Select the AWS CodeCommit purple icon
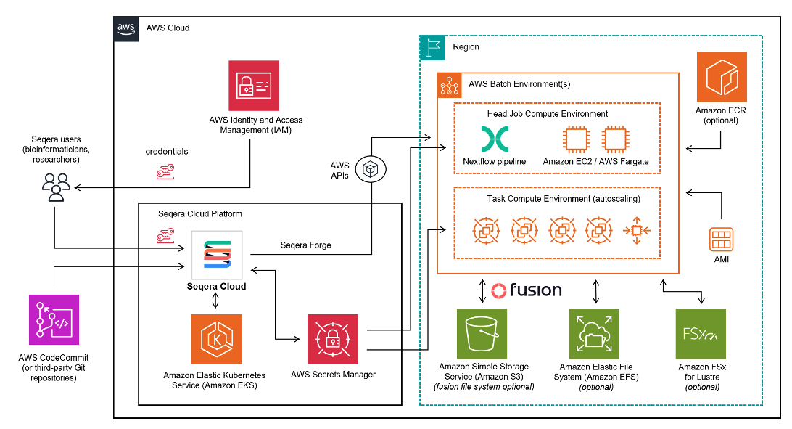coord(54,319)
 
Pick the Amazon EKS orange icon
coord(217,339)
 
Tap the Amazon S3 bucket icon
coord(482,333)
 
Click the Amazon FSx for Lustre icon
coord(701,333)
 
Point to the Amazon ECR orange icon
coord(721,76)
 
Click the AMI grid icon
coord(721,240)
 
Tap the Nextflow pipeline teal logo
coord(495,139)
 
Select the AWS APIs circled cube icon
coord(371,171)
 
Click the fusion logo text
coord(527,291)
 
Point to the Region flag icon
coord(433,47)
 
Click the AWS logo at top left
coord(126,28)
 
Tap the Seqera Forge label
coord(305,245)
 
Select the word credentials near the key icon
coord(166,152)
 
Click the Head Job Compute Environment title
coord(548,114)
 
